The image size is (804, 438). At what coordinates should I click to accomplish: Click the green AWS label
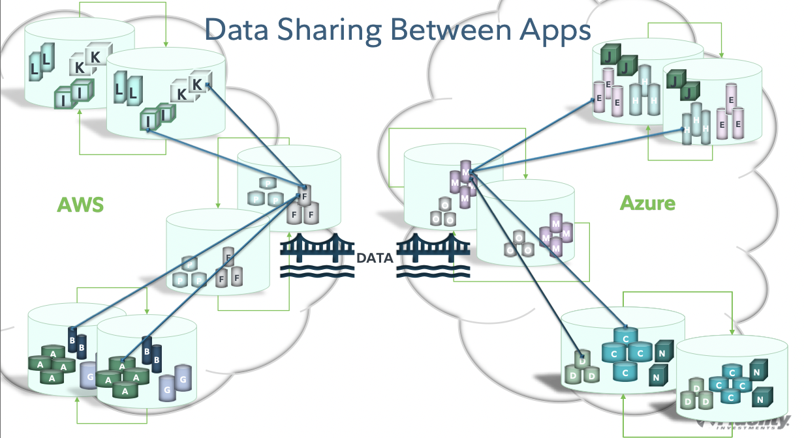[80, 205]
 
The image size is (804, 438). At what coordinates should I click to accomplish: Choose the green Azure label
[647, 203]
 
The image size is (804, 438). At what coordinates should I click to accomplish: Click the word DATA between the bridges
[375, 258]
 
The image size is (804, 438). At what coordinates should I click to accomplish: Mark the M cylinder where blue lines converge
[465, 173]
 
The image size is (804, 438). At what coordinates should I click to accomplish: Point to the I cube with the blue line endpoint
[150, 121]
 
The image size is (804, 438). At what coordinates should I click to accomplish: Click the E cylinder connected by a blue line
[599, 98]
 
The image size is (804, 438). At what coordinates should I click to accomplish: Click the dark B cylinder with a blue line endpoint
[73, 337]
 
